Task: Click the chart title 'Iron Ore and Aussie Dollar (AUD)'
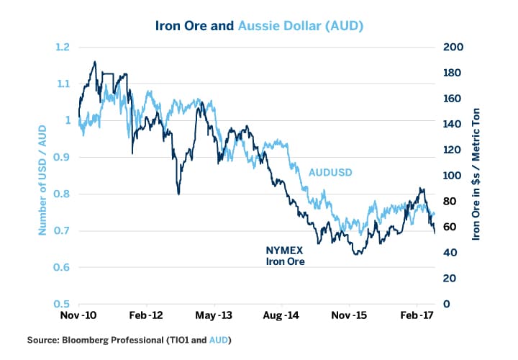coord(259,26)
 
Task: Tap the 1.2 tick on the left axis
coord(62,48)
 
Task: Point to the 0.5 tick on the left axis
coord(62,304)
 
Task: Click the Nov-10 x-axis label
coord(78,315)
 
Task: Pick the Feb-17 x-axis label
coord(417,315)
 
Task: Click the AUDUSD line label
coord(331,173)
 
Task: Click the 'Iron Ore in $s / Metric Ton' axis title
coord(476,176)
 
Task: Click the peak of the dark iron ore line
coord(94,62)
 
